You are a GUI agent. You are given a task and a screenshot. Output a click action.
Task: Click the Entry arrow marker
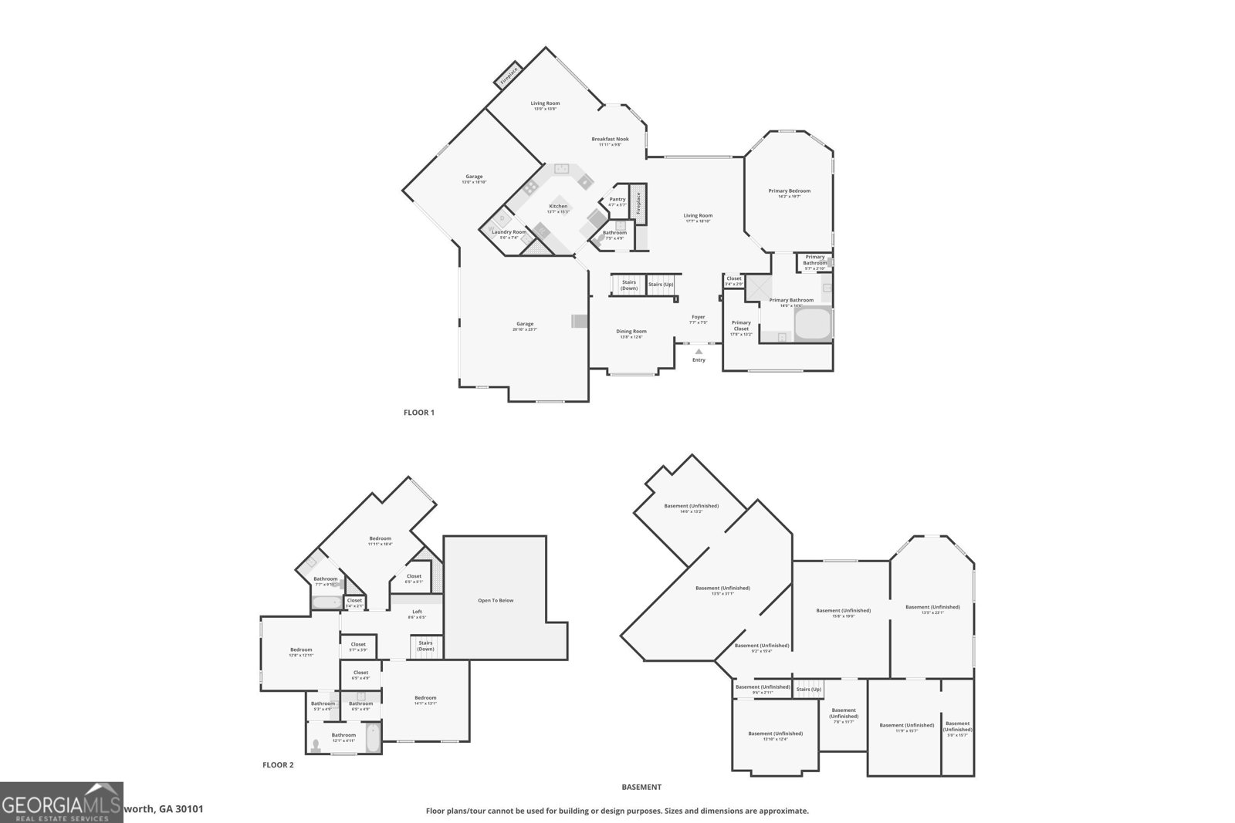pos(699,351)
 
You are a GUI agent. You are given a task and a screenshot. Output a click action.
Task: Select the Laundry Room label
pos(509,232)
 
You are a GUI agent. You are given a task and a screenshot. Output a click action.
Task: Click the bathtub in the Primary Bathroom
pos(812,324)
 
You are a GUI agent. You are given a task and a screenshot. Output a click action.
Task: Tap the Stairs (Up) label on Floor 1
pos(661,285)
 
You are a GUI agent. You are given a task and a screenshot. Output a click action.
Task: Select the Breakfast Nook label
pos(610,140)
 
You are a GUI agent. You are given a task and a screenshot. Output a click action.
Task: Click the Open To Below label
pos(496,600)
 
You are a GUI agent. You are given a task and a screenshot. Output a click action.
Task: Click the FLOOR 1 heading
pos(419,413)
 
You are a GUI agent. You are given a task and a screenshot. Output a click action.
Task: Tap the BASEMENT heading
pos(641,788)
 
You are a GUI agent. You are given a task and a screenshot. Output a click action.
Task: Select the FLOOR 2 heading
pos(278,765)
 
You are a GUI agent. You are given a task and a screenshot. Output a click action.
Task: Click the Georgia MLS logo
pos(61,802)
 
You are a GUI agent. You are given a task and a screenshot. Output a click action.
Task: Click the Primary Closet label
pos(741,325)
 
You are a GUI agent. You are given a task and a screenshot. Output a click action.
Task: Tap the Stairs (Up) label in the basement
pos(808,689)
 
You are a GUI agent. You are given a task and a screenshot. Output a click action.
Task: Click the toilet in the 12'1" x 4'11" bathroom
pos(316,745)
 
